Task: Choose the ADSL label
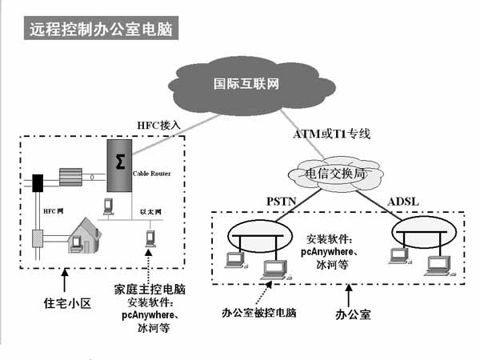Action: click(402, 199)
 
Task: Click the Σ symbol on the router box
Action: click(120, 162)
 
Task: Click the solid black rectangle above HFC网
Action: click(36, 182)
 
